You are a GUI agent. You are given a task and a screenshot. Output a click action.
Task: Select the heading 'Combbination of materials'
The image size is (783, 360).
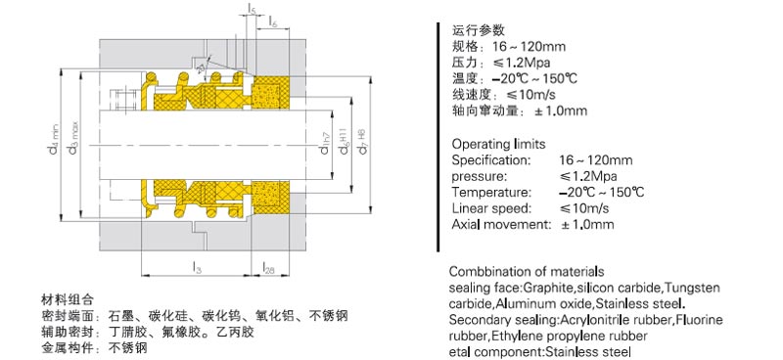[526, 271]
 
